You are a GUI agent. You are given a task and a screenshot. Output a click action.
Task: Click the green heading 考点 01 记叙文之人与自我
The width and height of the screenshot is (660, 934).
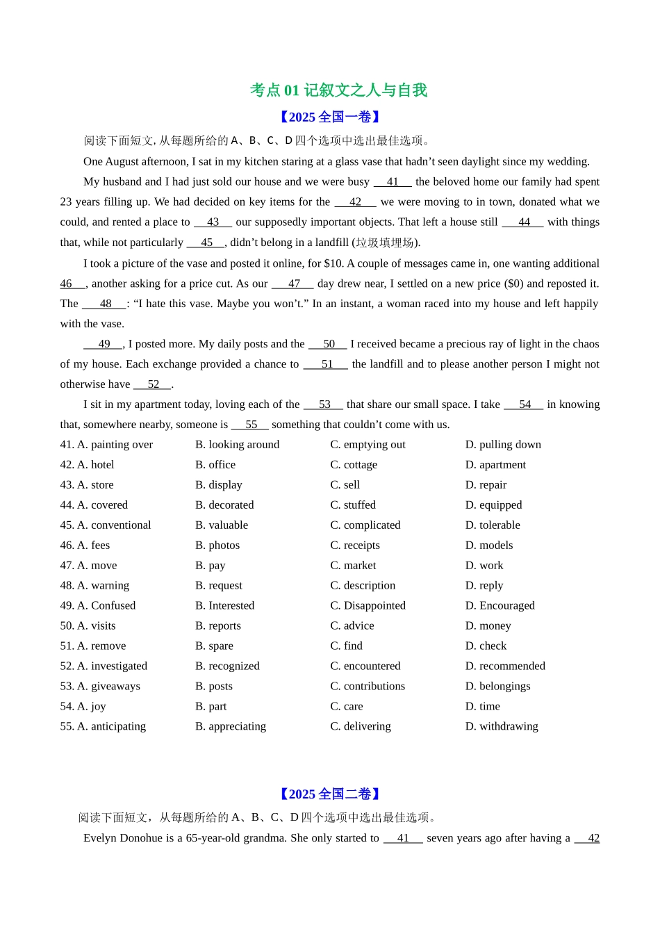[x=338, y=90]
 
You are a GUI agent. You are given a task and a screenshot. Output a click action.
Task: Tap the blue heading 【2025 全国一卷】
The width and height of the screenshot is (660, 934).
[x=330, y=117]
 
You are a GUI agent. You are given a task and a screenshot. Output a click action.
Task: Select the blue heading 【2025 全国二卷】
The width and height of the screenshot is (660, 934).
[x=330, y=794]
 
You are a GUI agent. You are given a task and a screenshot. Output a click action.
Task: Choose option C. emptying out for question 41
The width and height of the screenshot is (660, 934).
[x=368, y=445]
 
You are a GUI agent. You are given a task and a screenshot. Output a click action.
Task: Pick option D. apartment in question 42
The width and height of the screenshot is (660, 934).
[x=495, y=465]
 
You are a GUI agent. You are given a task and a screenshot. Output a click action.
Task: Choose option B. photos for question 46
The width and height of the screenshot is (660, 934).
[x=217, y=546]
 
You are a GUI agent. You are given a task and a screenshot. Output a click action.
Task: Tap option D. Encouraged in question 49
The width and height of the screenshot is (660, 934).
[x=500, y=606]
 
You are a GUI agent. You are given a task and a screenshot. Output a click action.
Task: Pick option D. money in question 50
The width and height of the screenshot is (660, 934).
[x=488, y=626]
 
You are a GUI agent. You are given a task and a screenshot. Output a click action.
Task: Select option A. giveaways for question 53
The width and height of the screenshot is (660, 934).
[x=100, y=687]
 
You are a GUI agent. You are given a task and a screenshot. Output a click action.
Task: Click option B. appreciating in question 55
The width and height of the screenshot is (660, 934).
[x=231, y=727]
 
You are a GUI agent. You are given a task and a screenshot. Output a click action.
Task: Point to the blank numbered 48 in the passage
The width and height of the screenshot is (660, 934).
[x=105, y=304]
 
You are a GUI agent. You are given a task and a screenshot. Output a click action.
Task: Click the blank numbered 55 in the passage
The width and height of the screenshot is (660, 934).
[x=251, y=425]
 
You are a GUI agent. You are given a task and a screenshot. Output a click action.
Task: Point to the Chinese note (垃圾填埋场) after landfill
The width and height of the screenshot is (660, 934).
[x=386, y=243]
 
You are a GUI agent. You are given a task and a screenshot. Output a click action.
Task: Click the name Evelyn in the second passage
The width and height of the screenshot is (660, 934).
[x=101, y=838]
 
